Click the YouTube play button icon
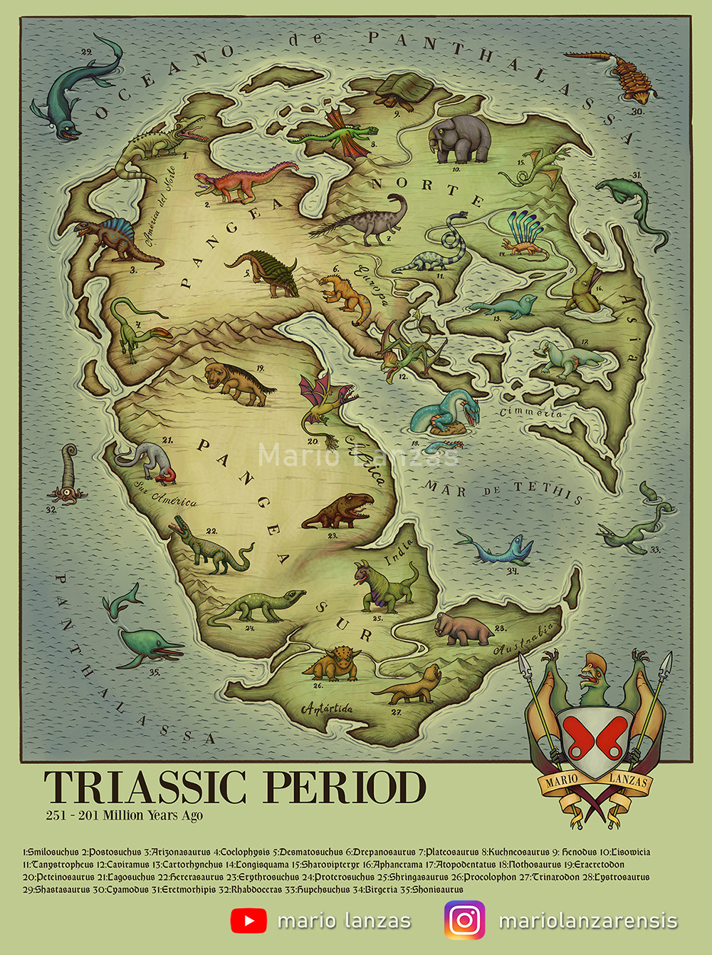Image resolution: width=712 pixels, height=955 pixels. tap(248, 921)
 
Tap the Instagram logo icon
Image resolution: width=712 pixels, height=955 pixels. tap(465, 920)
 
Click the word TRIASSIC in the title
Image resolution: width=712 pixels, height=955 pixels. tap(145, 788)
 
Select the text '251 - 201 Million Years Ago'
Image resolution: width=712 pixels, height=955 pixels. tap(125, 815)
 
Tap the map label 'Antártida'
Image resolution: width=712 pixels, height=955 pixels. tap(327, 708)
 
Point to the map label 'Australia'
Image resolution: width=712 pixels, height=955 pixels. tap(523, 639)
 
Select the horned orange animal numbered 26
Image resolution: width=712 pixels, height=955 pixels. tap(333, 664)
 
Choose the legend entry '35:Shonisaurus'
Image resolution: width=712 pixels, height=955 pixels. tap(424, 889)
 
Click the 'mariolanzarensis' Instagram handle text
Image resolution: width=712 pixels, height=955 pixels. tap(588, 921)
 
